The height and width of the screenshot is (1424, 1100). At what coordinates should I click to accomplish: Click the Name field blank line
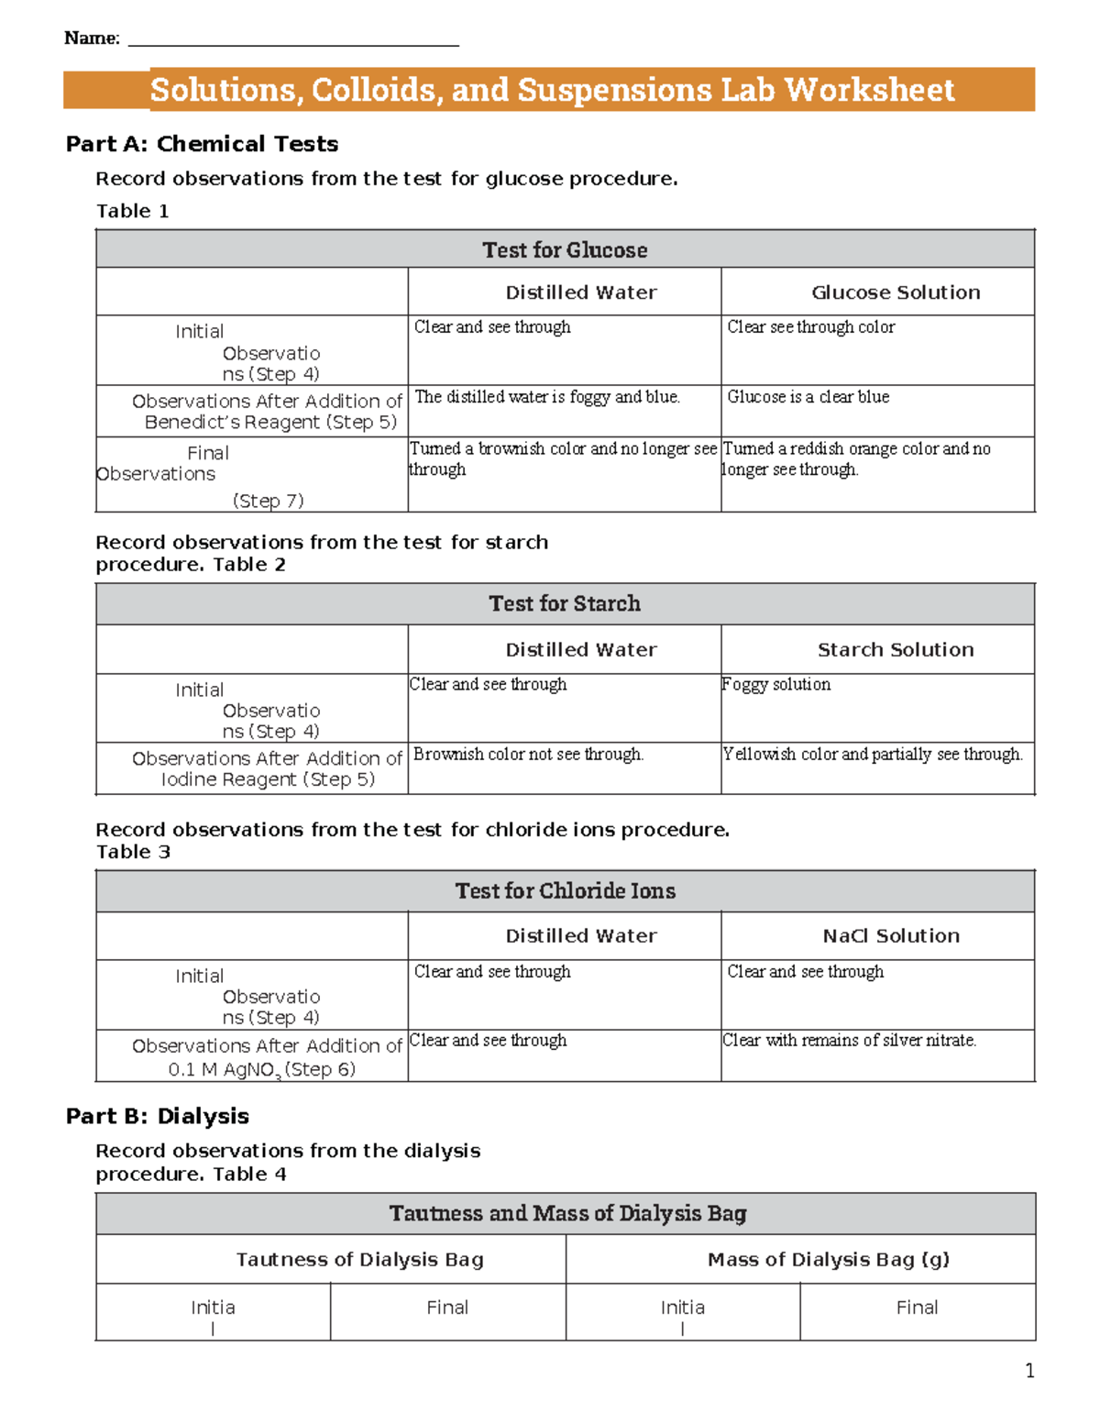(293, 42)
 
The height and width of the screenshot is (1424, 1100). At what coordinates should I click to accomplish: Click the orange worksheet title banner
(550, 90)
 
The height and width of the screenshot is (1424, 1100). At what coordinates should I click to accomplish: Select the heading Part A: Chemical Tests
(202, 144)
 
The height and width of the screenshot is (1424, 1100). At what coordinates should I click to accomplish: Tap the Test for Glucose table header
(565, 249)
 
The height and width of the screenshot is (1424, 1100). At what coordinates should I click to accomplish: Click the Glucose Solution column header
(896, 293)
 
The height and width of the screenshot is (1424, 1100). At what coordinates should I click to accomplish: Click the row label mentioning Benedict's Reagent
(267, 412)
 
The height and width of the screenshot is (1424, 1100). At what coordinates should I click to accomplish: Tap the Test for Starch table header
(565, 603)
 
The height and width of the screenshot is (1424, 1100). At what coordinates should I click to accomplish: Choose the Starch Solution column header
(896, 649)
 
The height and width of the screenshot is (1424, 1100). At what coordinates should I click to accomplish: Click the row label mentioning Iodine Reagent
(267, 768)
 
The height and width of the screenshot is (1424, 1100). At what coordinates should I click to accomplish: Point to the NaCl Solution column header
(891, 935)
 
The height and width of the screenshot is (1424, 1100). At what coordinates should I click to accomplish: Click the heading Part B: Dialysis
(158, 1116)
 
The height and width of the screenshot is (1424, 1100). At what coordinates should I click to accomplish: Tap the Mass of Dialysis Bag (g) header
(828, 1259)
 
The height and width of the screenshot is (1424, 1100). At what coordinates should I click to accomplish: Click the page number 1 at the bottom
(1029, 1371)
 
